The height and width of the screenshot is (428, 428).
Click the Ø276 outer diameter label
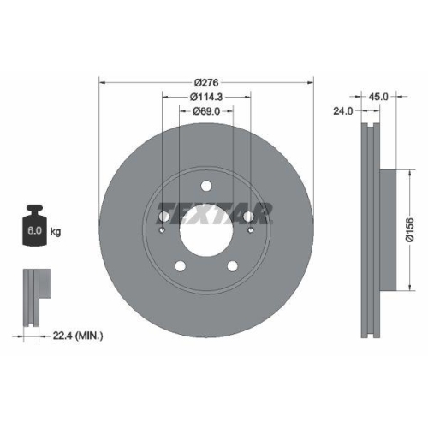(x=205, y=81)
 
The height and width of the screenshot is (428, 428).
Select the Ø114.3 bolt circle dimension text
(x=205, y=97)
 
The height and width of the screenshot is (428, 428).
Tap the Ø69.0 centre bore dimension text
(x=205, y=111)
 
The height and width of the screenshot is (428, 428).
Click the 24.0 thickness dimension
(x=343, y=111)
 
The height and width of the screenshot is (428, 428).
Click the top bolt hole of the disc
(x=205, y=187)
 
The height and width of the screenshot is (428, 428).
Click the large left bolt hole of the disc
(x=163, y=217)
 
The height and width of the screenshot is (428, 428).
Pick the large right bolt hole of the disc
(x=248, y=217)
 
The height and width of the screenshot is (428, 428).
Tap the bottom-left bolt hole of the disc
(x=179, y=267)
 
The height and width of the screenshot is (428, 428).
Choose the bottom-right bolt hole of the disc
(x=232, y=267)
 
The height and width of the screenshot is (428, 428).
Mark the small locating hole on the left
(x=163, y=229)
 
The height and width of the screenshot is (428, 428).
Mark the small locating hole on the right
(x=248, y=229)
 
